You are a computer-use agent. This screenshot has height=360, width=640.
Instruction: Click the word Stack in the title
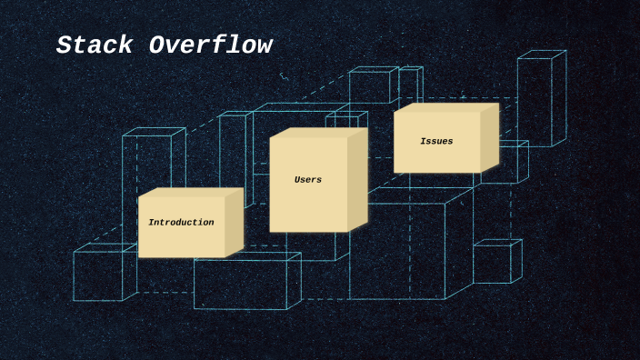point(95,45)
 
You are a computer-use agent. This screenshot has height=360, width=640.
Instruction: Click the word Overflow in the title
point(211,45)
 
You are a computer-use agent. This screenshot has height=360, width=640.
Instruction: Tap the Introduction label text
point(181,223)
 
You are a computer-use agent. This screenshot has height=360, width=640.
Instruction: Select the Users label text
point(308,180)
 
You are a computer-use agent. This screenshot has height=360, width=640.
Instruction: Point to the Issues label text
point(436,142)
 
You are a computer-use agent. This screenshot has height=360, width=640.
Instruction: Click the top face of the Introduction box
point(191,193)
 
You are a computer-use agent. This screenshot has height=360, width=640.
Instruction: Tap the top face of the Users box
point(319,133)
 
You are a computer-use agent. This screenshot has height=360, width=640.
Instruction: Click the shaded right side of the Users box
point(357,178)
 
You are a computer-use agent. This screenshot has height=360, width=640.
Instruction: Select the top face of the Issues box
point(446,108)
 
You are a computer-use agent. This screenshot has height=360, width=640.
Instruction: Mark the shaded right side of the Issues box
point(490,138)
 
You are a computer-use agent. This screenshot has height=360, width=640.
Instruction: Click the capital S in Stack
point(64,45)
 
